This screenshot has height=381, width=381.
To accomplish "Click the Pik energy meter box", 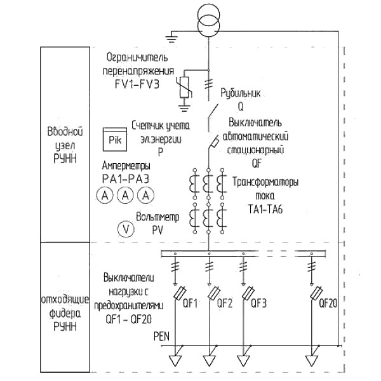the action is [115, 139].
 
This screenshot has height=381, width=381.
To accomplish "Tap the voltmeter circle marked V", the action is [126, 229].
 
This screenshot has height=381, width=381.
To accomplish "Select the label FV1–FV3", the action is [137, 84].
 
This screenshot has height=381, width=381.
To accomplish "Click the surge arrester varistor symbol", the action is [185, 87].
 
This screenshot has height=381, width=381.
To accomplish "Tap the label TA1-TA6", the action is [265, 209].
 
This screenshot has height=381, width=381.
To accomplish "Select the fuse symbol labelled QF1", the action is [180, 293].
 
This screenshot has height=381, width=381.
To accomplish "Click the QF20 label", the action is [328, 303].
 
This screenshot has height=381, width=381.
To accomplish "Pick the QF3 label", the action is [259, 304].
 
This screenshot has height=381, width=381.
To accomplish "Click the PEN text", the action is [161, 337].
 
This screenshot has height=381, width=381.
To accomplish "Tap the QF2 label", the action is [225, 304].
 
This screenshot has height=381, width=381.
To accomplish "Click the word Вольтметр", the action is [157, 217].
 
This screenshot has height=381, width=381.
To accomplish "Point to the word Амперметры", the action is [126, 166].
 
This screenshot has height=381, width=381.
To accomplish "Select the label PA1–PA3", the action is [126, 179].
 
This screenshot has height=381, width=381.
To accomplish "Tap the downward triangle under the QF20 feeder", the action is [312, 361].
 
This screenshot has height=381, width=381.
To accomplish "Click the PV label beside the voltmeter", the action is [157, 231].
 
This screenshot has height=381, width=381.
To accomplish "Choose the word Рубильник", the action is [241, 93].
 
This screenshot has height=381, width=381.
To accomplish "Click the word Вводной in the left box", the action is [65, 131].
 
